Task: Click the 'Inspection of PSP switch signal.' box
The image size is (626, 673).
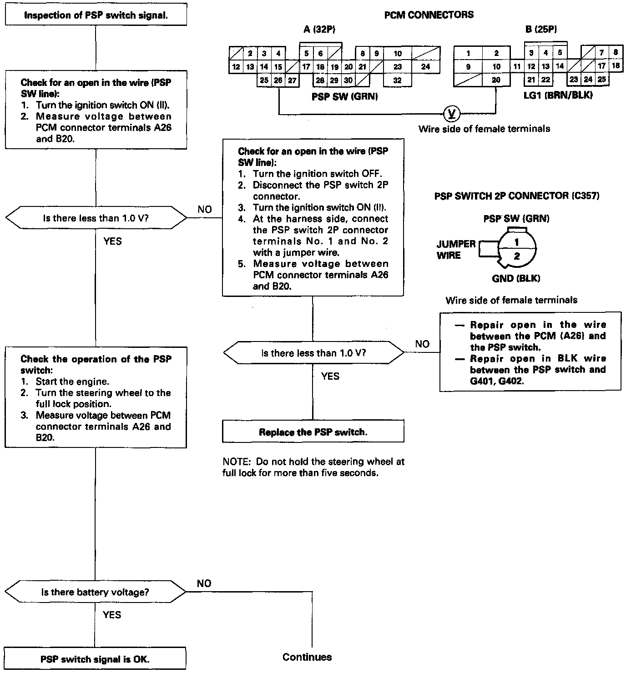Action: (x=96, y=15)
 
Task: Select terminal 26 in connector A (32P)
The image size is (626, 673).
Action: (x=278, y=80)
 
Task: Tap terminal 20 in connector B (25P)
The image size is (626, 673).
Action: (x=496, y=80)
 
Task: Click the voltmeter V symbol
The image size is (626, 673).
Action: (x=451, y=113)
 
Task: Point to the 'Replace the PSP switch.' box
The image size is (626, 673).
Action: (x=313, y=432)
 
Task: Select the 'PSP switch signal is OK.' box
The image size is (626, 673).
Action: (x=95, y=659)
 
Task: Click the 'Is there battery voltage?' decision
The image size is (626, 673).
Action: (x=95, y=592)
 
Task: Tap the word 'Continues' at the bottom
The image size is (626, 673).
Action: (x=307, y=657)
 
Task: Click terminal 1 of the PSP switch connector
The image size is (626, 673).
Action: (x=517, y=242)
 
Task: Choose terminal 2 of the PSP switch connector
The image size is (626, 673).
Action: (x=517, y=256)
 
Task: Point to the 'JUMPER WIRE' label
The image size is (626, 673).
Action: (x=456, y=250)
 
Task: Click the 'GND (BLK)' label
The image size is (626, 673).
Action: (x=516, y=278)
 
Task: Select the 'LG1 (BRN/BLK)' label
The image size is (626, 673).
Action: (x=558, y=95)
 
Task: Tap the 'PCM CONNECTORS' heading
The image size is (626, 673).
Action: (x=429, y=15)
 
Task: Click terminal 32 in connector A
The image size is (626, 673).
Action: (x=397, y=80)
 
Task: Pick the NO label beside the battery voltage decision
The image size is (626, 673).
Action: (x=204, y=583)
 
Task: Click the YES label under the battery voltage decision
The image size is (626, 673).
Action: (x=112, y=615)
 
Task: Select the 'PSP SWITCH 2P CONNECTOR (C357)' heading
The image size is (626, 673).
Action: (x=517, y=196)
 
